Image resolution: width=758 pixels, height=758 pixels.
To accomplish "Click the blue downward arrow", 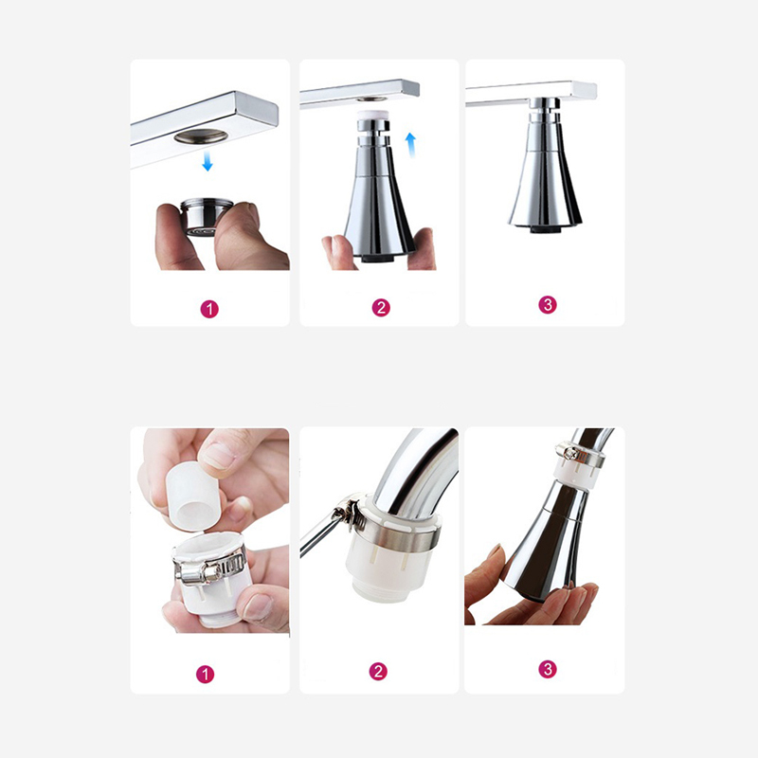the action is click(x=208, y=160).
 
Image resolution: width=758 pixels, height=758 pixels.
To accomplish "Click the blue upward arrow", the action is click(x=410, y=145).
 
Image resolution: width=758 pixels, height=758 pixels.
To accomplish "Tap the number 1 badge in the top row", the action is click(x=209, y=309).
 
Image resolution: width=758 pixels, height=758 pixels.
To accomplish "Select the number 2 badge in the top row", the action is click(x=381, y=307).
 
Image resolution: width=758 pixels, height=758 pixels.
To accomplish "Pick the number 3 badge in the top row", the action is click(x=548, y=304).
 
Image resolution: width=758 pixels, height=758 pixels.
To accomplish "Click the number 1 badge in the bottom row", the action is click(x=205, y=675).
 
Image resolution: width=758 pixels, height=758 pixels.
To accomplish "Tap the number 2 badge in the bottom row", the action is click(x=378, y=672).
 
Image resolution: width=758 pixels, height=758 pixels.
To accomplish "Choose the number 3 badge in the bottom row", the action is click(x=548, y=669).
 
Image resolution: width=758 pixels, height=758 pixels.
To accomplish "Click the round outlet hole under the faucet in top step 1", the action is click(x=201, y=136).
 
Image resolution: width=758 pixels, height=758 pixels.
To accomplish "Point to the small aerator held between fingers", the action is click(x=206, y=217).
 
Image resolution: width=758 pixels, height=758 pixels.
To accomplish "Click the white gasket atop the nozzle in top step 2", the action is click(x=372, y=116).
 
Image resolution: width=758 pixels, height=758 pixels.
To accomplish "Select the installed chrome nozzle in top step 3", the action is click(x=546, y=164).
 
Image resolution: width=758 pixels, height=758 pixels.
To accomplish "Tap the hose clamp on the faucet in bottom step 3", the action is click(x=577, y=454).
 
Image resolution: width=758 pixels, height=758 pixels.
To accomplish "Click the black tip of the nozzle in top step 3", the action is click(x=546, y=228).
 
